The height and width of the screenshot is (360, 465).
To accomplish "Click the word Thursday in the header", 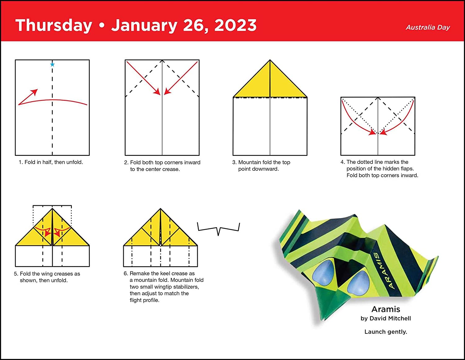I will pos(54,26).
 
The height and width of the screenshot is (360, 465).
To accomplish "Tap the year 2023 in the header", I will pos(235,25).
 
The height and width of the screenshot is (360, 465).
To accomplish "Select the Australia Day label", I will pos(428,27).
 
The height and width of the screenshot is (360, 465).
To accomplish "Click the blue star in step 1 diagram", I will pos(52,64).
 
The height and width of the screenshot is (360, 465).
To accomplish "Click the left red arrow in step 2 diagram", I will pos(143,78).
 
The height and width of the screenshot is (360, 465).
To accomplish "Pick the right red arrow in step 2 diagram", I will pos(181,78).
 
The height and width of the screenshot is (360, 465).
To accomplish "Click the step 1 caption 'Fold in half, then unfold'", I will pos(51,162).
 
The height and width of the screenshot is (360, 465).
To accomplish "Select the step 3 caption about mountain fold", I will pos(261,165).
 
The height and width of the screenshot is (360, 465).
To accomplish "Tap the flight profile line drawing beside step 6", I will pos(219,229).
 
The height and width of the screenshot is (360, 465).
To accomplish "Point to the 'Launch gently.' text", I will pos(386,331).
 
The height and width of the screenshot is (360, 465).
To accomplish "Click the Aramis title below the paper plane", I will pos(386,309).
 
